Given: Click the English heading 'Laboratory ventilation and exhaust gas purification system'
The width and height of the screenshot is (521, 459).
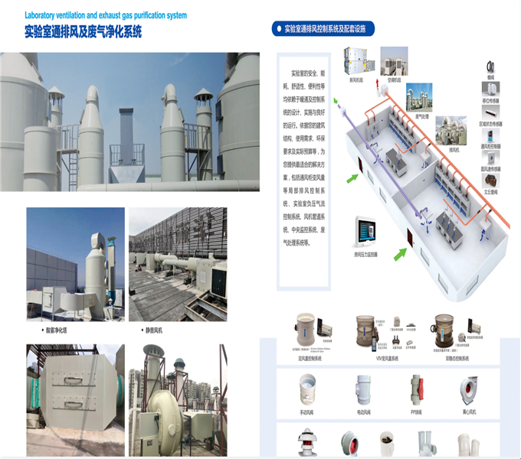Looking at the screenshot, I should click(105, 15).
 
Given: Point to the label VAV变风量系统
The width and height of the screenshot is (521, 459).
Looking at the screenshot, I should click(382, 356).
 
